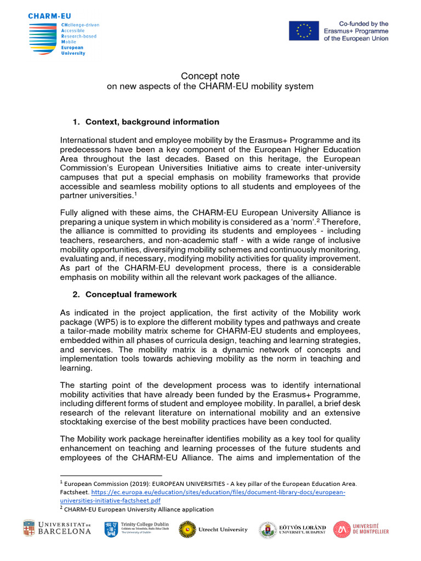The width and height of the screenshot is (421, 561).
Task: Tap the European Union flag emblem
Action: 304,31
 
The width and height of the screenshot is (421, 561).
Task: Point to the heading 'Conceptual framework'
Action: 131,295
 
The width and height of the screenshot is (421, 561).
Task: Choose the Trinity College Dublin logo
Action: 136,529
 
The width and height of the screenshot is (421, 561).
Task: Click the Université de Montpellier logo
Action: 361,529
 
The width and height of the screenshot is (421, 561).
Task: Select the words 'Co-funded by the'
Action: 363,24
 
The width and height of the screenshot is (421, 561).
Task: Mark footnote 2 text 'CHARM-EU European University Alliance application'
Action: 139,509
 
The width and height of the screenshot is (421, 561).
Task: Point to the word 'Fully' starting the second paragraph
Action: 70,213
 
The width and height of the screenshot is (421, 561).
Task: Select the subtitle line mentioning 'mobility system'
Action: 210,87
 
